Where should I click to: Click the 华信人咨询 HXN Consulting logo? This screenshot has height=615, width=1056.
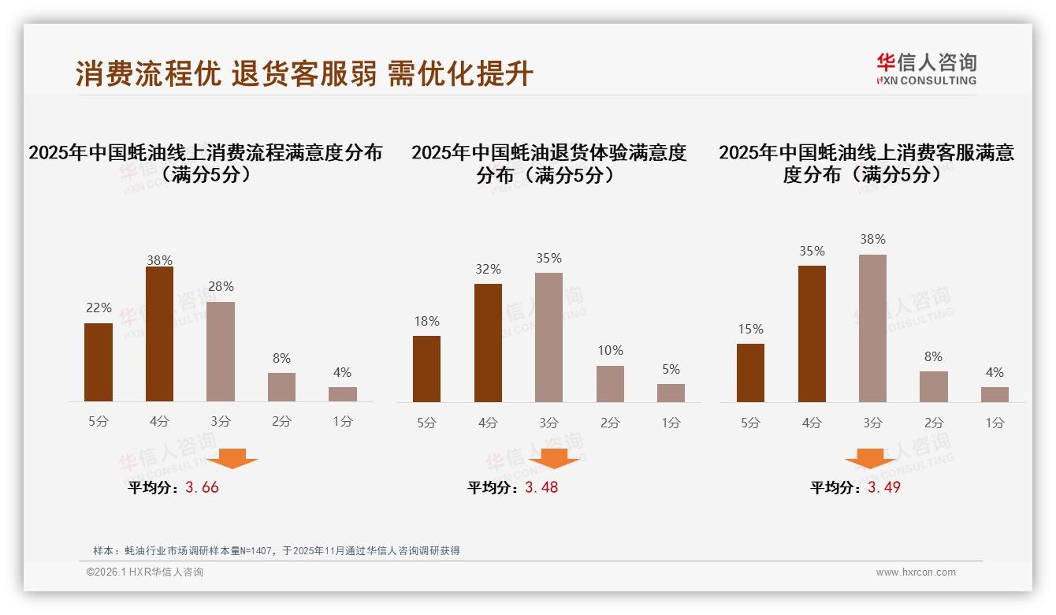[926, 69]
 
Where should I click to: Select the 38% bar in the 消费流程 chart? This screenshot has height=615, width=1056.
[159, 334]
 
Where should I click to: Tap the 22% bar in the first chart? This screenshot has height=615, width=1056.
[99, 363]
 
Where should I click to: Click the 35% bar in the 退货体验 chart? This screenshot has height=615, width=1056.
[548, 337]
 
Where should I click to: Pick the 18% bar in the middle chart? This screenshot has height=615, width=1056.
[426, 369]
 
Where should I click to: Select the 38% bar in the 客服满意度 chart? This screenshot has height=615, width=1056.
[872, 328]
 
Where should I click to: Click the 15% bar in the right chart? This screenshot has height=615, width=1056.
[750, 373]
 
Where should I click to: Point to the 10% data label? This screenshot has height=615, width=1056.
[610, 350]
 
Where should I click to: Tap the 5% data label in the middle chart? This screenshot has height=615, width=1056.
[671, 369]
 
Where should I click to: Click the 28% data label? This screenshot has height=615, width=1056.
[221, 286]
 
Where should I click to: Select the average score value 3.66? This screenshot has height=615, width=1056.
[202, 487]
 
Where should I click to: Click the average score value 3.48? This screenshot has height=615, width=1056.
[541, 487]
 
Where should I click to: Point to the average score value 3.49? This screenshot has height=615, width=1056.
[884, 487]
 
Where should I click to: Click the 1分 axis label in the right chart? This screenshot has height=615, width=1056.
[995, 423]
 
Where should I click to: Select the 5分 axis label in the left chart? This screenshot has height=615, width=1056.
[99, 422]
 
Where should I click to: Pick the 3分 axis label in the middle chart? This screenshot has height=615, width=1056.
[548, 423]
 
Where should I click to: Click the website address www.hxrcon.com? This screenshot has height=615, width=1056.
[916, 572]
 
